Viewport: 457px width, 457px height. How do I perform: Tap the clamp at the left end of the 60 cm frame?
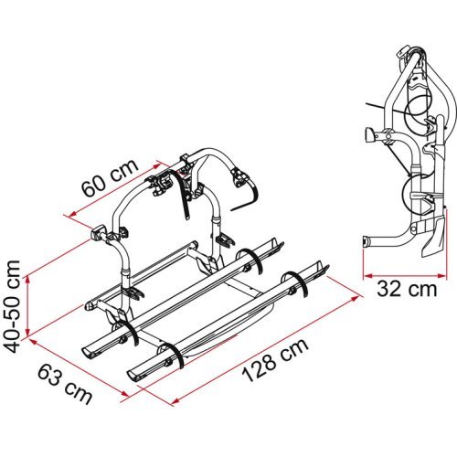tap(99, 235)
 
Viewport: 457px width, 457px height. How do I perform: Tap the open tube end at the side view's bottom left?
tap(367, 246)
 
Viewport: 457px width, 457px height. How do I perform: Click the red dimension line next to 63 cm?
tap(78, 366)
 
